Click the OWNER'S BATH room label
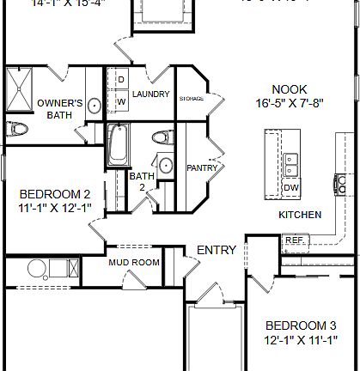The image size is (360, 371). tap(60, 108)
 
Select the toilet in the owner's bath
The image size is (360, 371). tap(15, 129)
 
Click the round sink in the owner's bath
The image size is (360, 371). tap(94, 106)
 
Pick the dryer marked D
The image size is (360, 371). tap(120, 80)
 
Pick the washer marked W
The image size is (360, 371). tap(120, 101)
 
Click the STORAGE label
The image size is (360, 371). tap(192, 98)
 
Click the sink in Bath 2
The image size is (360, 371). tap(164, 167)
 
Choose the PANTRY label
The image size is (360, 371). tap(202, 167)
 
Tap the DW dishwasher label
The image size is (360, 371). tap(291, 187)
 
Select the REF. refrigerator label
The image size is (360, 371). tap(294, 240)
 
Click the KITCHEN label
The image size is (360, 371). tap(300, 214)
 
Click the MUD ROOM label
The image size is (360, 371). tap(133, 262)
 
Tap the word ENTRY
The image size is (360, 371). tap(217, 250)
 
